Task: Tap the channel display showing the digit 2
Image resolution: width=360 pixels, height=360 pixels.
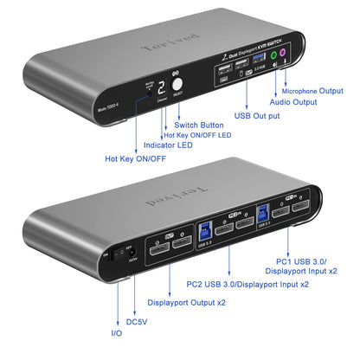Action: pos(161,89)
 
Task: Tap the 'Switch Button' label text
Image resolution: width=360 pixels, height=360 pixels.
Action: pos(200,125)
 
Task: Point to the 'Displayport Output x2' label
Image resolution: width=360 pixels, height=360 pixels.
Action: pos(186,302)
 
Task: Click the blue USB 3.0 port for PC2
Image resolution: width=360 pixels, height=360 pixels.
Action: pos(202,229)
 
